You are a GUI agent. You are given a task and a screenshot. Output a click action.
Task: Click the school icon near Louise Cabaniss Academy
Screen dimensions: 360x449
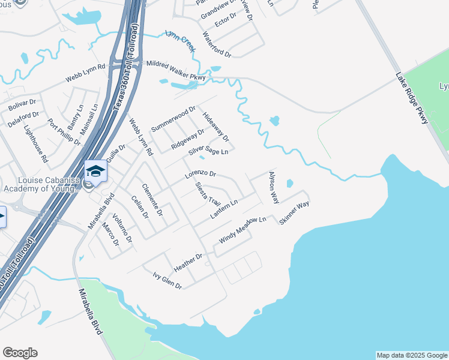(95, 172)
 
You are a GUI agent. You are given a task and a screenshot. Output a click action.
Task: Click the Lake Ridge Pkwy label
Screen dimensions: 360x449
(412, 98)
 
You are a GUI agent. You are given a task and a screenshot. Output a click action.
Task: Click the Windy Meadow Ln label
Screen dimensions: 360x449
(243, 230)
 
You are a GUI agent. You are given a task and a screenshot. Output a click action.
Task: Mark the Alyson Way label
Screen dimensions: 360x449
(273, 187)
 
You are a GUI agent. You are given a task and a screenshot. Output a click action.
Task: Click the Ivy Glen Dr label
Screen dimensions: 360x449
(167, 280)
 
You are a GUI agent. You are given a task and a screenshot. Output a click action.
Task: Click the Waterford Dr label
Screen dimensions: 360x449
(217, 45)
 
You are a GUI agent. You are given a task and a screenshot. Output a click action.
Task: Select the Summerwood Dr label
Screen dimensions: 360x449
(173, 119)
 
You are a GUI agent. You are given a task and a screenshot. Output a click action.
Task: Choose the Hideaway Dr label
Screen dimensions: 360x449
(215, 127)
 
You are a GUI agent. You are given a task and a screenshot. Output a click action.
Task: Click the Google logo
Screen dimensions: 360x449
(20, 353)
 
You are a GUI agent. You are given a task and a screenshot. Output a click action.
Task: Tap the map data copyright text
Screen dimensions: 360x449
(412, 355)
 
